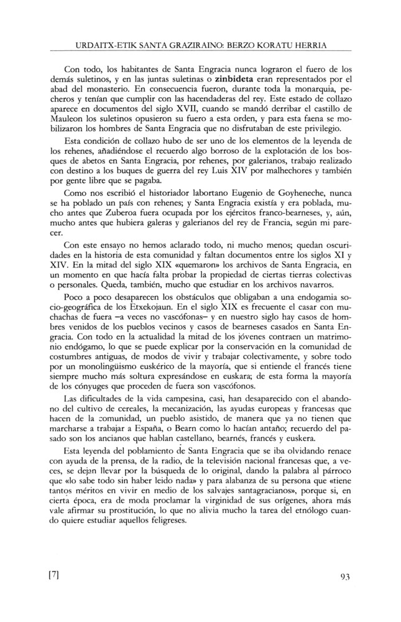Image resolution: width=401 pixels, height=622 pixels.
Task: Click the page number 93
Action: click(347, 575)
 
